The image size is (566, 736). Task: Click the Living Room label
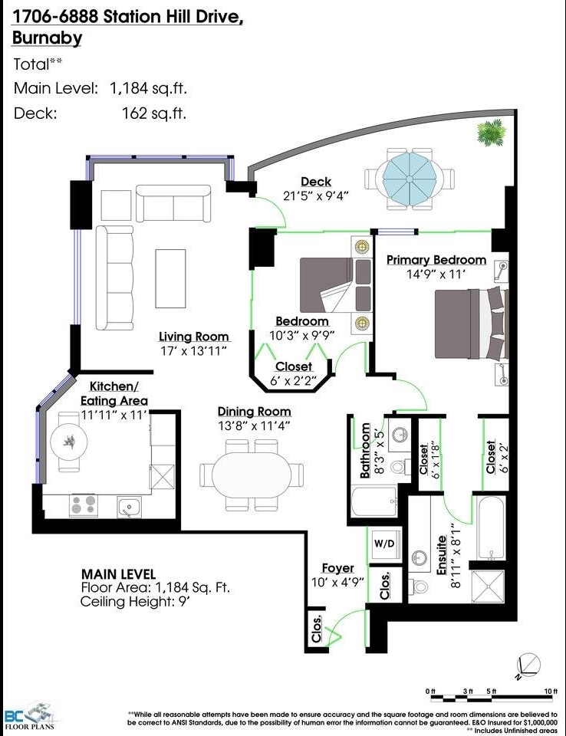pyautogui.click(x=193, y=337)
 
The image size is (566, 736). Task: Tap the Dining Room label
pyautogui.click(x=254, y=412)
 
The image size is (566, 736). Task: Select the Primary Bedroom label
pyautogui.click(x=436, y=260)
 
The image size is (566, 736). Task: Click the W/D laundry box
pyautogui.click(x=384, y=544)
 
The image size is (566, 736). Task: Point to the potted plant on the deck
pyautogui.click(x=492, y=132)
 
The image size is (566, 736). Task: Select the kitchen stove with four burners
pyautogui.click(x=83, y=505)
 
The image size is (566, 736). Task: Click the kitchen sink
pyautogui.click(x=129, y=507)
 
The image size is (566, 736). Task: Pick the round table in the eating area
pyautogui.click(x=70, y=441)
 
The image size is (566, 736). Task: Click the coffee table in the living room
pyautogui.click(x=170, y=278)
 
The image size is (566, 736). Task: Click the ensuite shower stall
pyautogui.click(x=488, y=586)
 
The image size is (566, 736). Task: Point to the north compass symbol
pyautogui.click(x=528, y=666)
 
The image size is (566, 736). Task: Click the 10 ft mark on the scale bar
pyautogui.click(x=551, y=691)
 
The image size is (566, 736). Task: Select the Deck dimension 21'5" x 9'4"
pyautogui.click(x=316, y=195)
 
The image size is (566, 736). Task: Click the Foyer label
pyautogui.click(x=337, y=568)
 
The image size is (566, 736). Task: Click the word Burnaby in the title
pyautogui.click(x=47, y=38)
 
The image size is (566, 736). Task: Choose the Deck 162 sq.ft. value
pyautogui.click(x=154, y=113)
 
